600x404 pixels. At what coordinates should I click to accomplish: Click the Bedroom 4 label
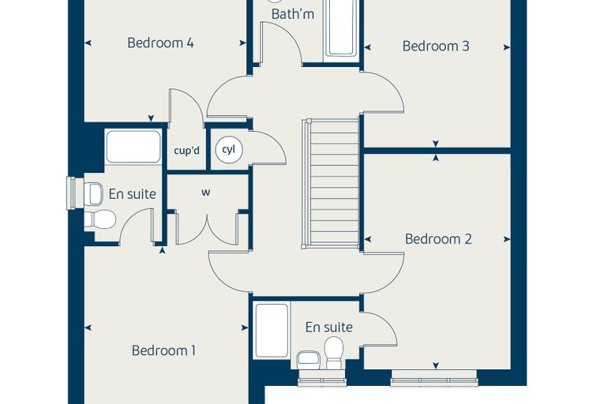(160, 43)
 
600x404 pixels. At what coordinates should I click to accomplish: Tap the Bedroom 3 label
(436, 46)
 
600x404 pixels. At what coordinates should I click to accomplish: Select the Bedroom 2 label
(438, 239)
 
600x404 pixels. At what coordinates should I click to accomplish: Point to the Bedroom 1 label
(163, 350)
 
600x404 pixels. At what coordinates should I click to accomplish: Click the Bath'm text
(293, 14)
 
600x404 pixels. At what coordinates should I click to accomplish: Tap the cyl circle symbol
(229, 150)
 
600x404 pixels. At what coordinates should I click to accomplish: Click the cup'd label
(187, 151)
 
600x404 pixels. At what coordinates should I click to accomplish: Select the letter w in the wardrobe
(205, 193)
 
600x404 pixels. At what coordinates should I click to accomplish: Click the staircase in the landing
(331, 184)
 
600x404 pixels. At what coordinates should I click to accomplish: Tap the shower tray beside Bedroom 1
(272, 331)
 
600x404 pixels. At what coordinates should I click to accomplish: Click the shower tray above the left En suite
(133, 147)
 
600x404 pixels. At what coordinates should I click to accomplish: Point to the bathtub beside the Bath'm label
(341, 28)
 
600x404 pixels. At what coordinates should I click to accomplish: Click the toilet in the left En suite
(100, 219)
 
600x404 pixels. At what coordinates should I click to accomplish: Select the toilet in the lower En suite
(334, 353)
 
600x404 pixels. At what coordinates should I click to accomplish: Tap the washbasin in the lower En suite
(309, 360)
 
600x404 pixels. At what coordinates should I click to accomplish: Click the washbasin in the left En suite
(94, 193)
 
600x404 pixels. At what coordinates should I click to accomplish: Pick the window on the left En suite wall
(71, 193)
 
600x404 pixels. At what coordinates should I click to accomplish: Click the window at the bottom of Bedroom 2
(434, 380)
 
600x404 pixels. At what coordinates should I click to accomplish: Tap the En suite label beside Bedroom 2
(328, 327)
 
